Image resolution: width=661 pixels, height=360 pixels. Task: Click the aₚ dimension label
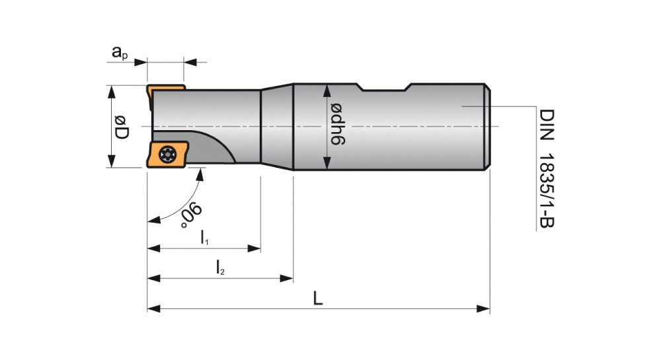pos(120,53)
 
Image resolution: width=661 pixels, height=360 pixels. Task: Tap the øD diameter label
pos(121,127)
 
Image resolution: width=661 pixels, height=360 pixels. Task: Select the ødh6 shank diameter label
pos(338,124)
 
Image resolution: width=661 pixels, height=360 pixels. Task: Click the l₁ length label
pos(204,238)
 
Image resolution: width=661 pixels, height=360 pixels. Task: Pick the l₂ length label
pos(220,268)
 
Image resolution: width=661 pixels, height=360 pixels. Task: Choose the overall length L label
pos(318,299)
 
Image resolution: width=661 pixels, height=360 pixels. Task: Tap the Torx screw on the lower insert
pos(167,155)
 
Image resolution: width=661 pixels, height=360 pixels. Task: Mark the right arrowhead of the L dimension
pos(483,309)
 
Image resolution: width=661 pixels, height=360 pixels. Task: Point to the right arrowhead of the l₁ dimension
pos(254,248)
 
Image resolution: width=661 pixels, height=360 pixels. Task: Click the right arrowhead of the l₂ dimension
pos(287,278)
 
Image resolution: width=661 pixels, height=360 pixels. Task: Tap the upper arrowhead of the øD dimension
pos(111,92)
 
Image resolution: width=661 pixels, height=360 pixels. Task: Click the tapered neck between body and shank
pos(277,126)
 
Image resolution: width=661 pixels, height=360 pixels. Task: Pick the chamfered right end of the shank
pos(487,127)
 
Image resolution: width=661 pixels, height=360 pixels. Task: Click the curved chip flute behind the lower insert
pos(212,147)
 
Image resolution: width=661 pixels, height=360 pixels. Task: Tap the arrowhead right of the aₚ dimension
pos(190,62)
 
